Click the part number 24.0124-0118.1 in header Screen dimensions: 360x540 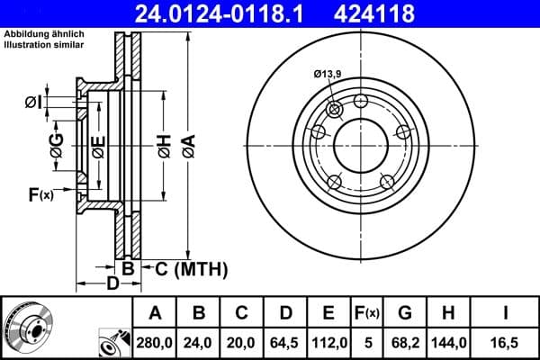click(230, 13)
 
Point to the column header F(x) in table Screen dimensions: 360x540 click(367, 313)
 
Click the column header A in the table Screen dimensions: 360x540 click(155, 313)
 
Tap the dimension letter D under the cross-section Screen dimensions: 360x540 click(112, 285)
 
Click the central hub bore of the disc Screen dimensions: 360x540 click(361, 144)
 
